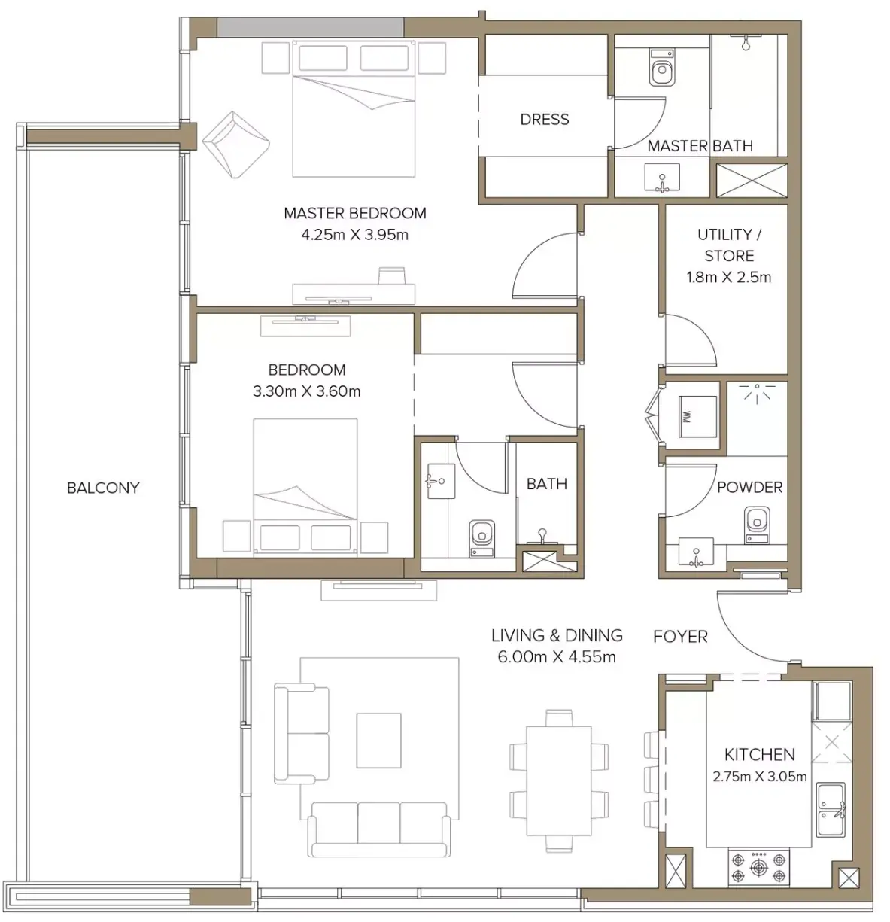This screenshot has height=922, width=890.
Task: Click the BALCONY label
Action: click(x=103, y=488)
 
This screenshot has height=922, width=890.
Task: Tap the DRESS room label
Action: click(x=544, y=119)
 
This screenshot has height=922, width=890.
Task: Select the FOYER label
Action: click(x=680, y=636)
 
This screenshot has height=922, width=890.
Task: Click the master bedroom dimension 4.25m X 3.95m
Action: click(x=355, y=235)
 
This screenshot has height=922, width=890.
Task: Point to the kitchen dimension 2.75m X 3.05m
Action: click(x=759, y=776)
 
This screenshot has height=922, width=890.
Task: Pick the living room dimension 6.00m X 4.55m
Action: click(x=557, y=656)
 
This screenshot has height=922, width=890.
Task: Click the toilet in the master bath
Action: click(x=662, y=67)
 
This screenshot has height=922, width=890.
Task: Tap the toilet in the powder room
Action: click(x=757, y=525)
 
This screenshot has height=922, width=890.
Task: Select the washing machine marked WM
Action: click(x=697, y=416)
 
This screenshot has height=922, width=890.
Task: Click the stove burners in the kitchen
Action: click(x=758, y=866)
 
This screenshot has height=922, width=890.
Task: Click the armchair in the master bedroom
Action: click(x=235, y=145)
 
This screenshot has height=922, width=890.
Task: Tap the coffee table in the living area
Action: click(x=378, y=740)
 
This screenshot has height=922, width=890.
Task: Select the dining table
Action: click(x=559, y=781)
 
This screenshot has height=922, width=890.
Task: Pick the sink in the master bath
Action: click(x=662, y=178)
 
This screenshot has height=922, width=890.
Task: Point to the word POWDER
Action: click(x=749, y=487)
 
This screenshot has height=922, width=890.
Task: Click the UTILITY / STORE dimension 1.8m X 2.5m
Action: click(x=728, y=277)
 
